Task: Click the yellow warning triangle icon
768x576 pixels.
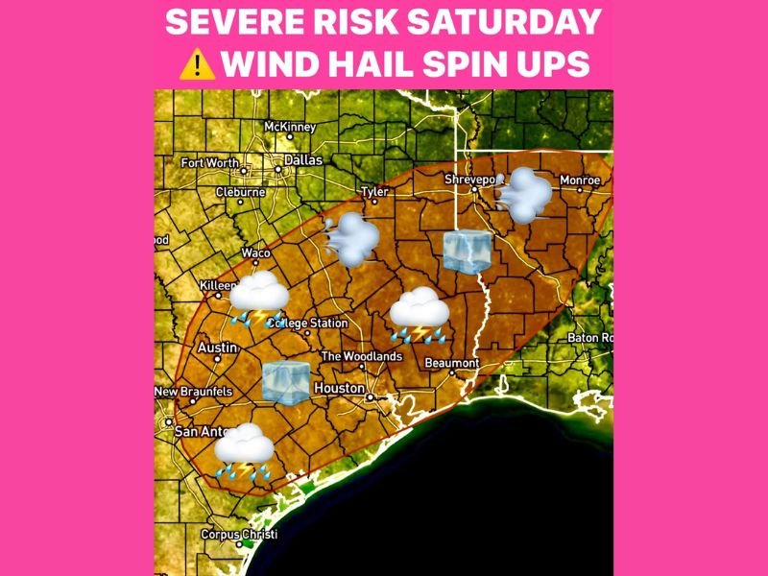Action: (x=196, y=64)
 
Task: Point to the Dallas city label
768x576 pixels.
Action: (x=302, y=160)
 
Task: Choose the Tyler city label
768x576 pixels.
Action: (x=373, y=192)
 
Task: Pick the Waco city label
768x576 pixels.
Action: (x=255, y=252)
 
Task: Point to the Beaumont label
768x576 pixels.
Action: (x=453, y=363)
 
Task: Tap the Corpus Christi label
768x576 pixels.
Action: (x=238, y=534)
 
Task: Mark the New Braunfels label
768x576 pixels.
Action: (x=194, y=392)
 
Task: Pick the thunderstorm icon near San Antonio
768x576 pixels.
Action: (x=245, y=452)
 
